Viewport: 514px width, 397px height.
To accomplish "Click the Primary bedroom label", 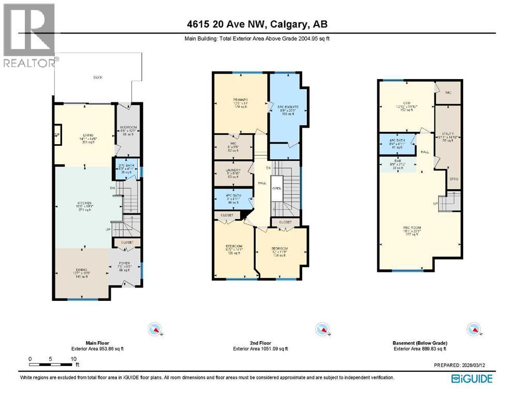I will pyautogui.click(x=241, y=100).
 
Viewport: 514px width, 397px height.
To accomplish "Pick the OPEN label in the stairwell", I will pyautogui.click(x=277, y=188).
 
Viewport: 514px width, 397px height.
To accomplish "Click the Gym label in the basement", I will pyautogui.click(x=406, y=103).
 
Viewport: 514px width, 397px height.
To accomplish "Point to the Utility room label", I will pyautogui.click(x=448, y=133).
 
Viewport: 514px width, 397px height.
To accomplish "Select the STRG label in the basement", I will pyautogui.click(x=453, y=179).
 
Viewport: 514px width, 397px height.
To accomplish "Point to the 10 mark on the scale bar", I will pyautogui.click(x=74, y=358).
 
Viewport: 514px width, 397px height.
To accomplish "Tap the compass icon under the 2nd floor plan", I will pyautogui.click(x=321, y=329).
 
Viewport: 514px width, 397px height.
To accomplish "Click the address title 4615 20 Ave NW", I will pyautogui.click(x=257, y=24).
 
